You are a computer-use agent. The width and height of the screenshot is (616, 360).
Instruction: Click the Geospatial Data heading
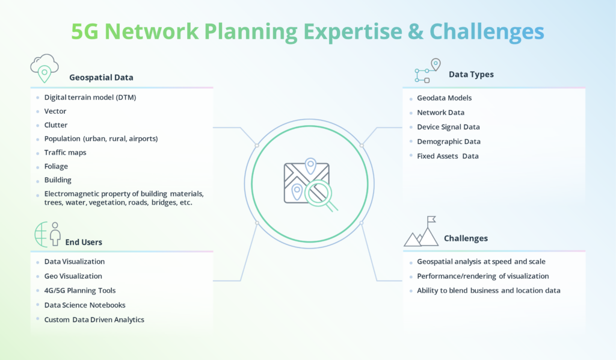101,78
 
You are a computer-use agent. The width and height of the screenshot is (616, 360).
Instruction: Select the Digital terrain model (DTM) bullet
90,97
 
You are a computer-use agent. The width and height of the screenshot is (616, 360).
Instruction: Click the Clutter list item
56,125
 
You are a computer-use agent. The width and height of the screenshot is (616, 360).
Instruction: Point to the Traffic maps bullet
65,152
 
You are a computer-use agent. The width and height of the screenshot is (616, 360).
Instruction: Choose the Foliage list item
56,166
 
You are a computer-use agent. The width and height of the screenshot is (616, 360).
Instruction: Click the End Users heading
84,242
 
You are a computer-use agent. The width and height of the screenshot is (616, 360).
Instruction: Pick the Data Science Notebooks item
85,305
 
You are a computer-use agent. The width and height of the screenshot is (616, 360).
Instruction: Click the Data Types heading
471,75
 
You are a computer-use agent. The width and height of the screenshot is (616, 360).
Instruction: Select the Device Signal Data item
448,127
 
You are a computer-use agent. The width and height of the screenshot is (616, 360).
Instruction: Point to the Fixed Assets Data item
448,156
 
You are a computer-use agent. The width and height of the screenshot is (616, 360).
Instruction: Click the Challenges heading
466,238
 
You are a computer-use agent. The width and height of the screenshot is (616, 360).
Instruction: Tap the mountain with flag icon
422,232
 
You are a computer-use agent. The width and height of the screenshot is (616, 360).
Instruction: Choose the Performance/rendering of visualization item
482,276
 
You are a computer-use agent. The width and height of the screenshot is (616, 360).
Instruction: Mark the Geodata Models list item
444,98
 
